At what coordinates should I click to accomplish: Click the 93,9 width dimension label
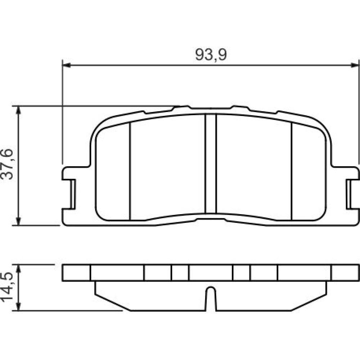[211, 55]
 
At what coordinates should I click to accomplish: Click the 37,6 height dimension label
[7, 164]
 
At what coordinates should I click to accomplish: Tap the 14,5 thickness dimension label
[7, 287]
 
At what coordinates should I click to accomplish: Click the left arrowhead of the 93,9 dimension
[66, 66]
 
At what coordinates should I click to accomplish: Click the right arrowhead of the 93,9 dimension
[355, 66]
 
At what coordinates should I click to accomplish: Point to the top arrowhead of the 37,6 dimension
[19, 110]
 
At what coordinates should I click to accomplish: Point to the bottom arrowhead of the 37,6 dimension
[19, 221]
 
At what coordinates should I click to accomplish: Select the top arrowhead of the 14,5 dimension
[19, 269]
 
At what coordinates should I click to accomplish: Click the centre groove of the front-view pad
[211, 163]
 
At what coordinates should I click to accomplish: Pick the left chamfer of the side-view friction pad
[113, 302]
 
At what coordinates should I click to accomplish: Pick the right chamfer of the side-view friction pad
[309, 302]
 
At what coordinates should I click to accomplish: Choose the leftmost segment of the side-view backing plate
[76, 273]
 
